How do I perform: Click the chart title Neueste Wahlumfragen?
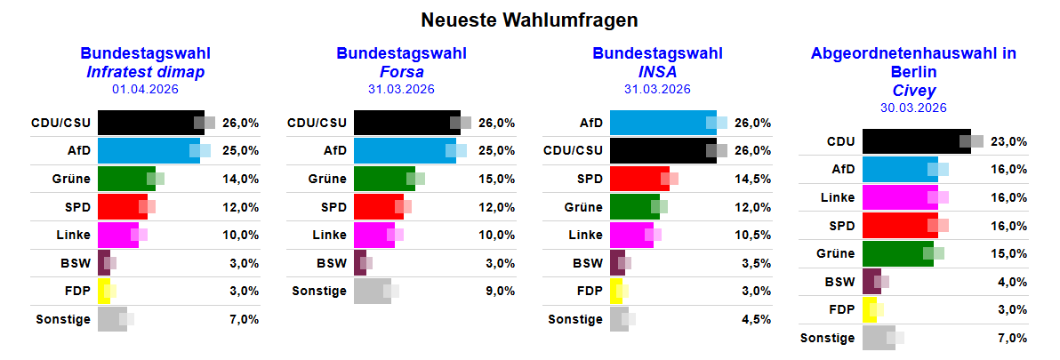pyautogui.click(x=529, y=20)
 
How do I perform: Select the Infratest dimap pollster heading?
pyautogui.click(x=145, y=72)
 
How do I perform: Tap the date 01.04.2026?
pyautogui.click(x=145, y=89)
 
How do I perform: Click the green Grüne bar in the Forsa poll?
pyautogui.click(x=383, y=179)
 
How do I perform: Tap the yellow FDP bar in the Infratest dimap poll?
pyautogui.click(x=102, y=291)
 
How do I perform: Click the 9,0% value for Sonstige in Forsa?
pyautogui.click(x=500, y=291)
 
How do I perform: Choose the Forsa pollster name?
pyautogui.click(x=401, y=72)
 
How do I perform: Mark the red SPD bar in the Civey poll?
pyautogui.click(x=900, y=225)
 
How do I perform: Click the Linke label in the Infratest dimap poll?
pyautogui.click(x=72, y=235)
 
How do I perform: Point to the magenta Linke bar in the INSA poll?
pyautogui.click(x=630, y=235)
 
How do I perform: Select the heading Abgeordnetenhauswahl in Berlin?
pyautogui.click(x=913, y=62)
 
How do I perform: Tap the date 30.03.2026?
pyautogui.click(x=913, y=108)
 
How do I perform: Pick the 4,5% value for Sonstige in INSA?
pyautogui.click(x=756, y=319)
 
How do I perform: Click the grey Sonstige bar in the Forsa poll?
pyautogui.click(x=372, y=291)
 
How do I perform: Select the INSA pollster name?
pyautogui.click(x=657, y=72)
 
